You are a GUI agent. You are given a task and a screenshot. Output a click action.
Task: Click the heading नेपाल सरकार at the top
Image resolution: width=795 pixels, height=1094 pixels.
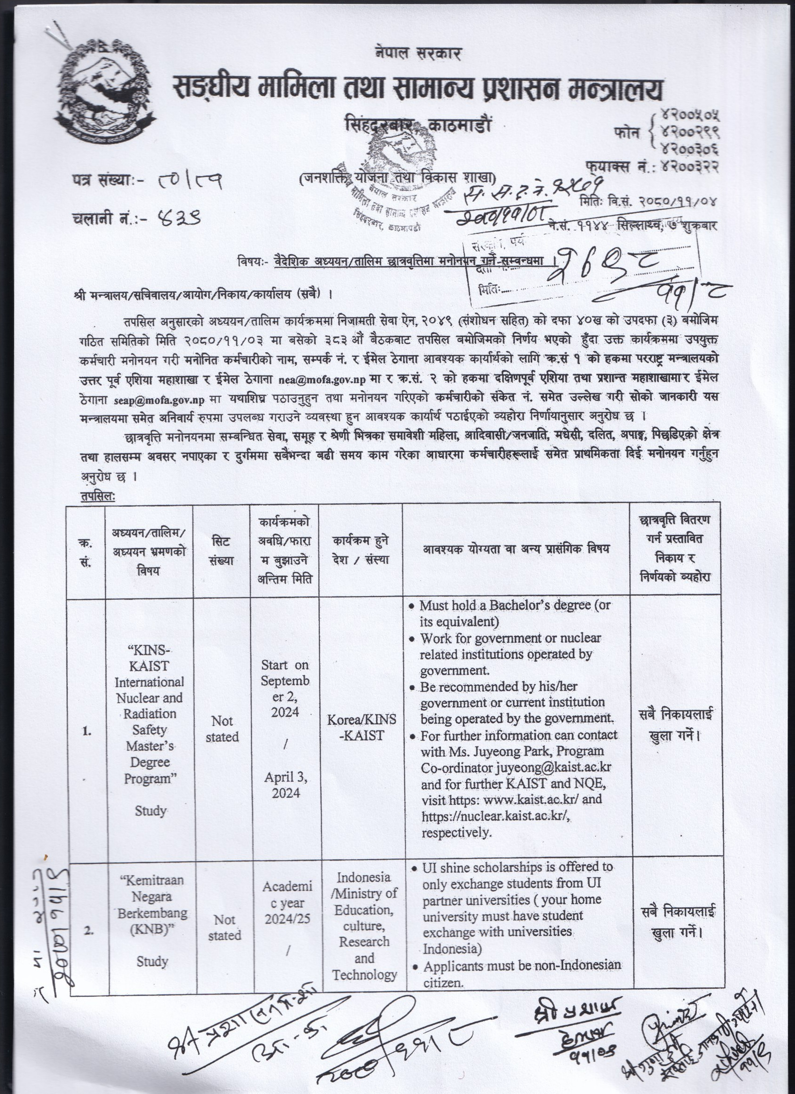(x=418, y=52)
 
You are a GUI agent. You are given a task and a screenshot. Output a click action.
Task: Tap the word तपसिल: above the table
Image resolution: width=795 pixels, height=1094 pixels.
(x=98, y=496)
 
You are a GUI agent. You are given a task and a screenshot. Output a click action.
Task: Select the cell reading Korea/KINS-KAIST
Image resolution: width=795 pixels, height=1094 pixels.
(x=361, y=728)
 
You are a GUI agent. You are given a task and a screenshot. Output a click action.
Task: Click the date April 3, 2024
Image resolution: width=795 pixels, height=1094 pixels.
(x=285, y=785)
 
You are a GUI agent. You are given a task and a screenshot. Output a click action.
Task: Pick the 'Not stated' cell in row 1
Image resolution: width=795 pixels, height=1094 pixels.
(x=222, y=729)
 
